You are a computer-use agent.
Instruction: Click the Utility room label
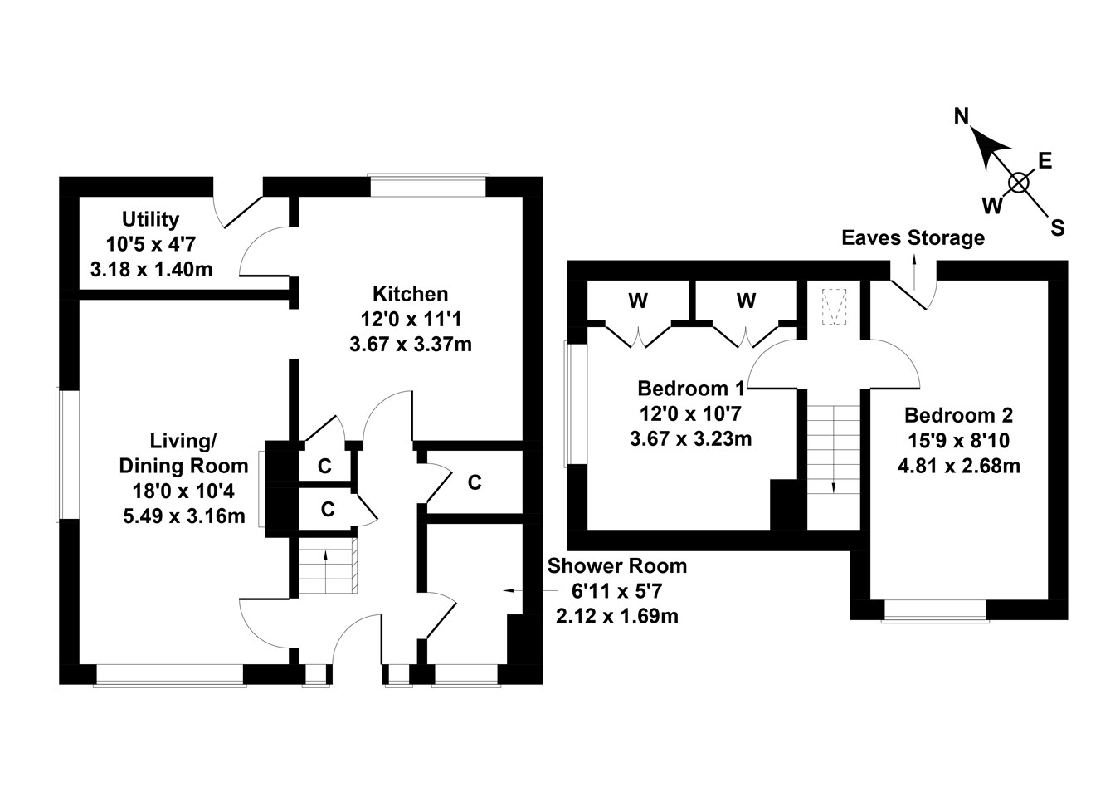pos(150,219)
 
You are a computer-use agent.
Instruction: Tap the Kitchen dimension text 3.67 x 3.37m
pos(410,344)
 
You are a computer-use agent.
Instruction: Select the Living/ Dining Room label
pos(183,452)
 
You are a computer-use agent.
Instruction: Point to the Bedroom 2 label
pos(958,415)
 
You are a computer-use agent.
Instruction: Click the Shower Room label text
pos(616,566)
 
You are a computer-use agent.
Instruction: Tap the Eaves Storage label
pos(913,238)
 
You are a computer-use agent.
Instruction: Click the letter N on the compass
pos(962,116)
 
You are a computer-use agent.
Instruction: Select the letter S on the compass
pos(1057,227)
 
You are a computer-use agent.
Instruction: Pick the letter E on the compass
pos(1045,161)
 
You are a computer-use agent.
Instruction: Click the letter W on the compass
pos(991,205)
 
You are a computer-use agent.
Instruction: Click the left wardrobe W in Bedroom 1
pos(637,301)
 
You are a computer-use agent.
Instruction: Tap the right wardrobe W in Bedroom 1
pos(746,301)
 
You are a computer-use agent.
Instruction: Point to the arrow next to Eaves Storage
pos(914,271)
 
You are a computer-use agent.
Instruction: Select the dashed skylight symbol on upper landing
pos(832,307)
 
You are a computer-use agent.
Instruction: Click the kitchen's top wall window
pos(427,185)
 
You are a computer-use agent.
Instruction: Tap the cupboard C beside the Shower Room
pos(475,482)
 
